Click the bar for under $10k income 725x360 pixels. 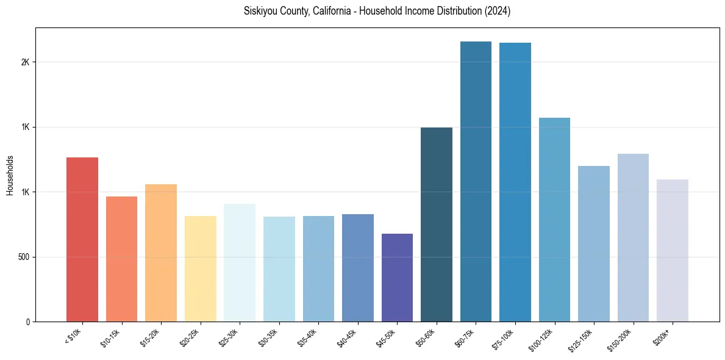[x=82, y=239]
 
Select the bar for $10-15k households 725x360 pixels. [x=121, y=259]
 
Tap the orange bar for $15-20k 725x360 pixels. [x=161, y=253]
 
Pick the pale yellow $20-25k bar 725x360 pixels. [x=200, y=268]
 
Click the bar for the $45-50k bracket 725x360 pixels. [x=397, y=278]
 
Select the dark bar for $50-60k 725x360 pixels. [x=437, y=225]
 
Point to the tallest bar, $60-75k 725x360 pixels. [x=476, y=181]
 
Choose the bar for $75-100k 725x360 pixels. [x=515, y=182]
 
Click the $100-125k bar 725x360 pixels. [x=554, y=220]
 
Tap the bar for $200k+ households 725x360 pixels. [x=673, y=250]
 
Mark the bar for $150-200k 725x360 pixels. [x=633, y=237]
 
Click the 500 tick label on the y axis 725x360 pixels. [x=23, y=257]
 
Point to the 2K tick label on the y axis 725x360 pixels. [x=26, y=62]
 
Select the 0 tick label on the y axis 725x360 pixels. [x=28, y=322]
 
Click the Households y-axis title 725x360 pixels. [x=10, y=175]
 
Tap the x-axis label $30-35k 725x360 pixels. [x=271, y=337]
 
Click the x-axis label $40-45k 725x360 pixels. [x=349, y=337]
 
